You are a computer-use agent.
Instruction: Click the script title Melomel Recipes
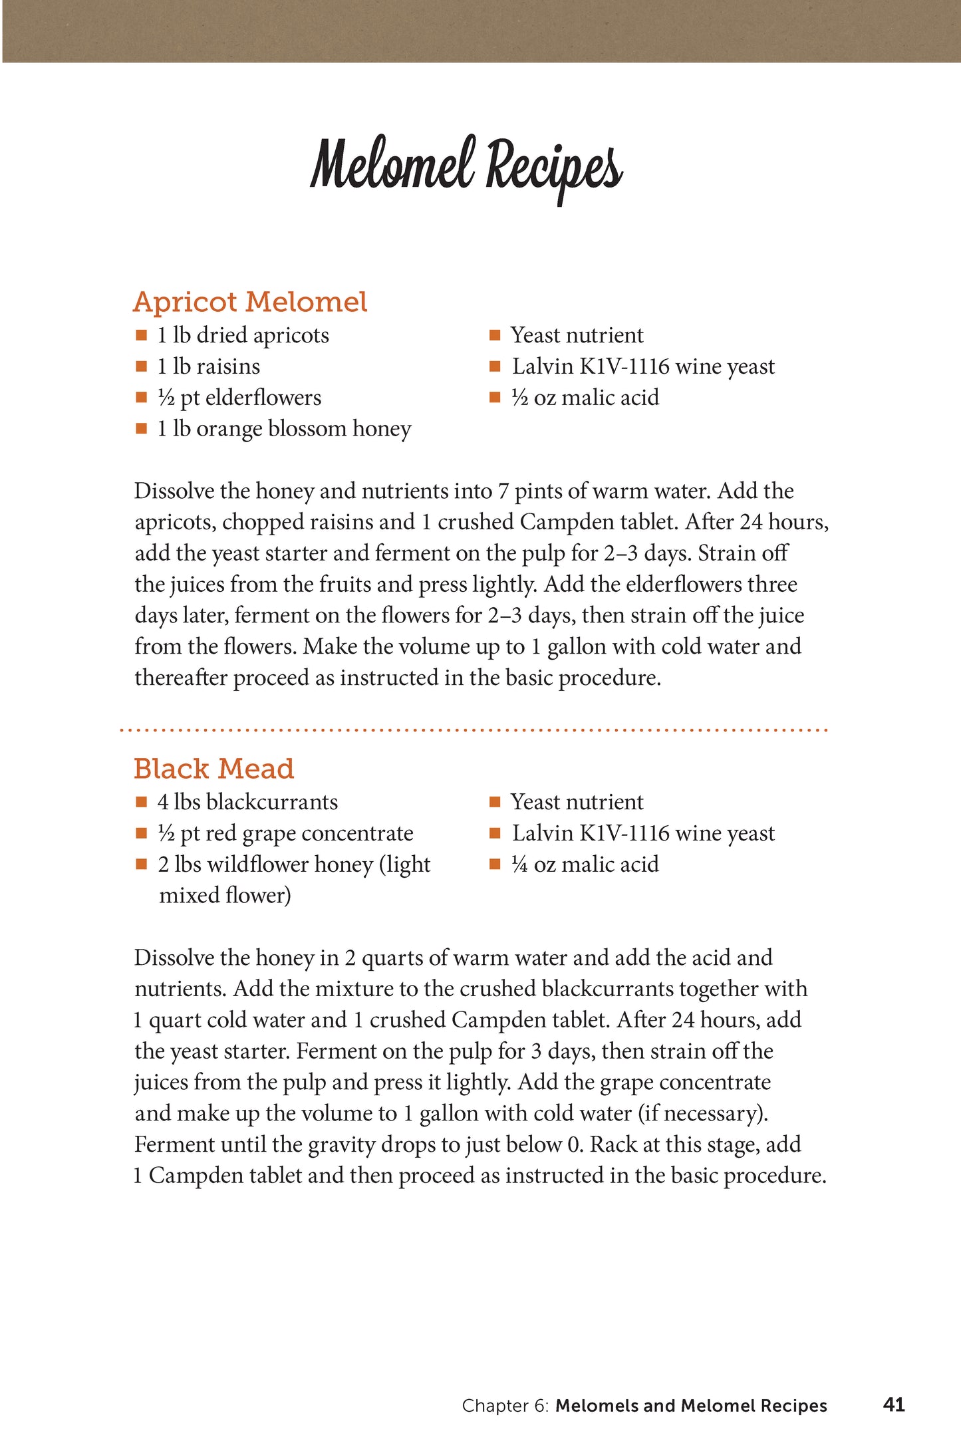pos(466,166)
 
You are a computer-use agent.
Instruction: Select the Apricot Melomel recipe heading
pos(250,302)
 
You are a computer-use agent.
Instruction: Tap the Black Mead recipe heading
pos(213,769)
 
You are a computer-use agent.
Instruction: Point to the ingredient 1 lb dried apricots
pos(243,335)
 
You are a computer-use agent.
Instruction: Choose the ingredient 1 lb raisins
pos(208,366)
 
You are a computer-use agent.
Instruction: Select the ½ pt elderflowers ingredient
pos(239,398)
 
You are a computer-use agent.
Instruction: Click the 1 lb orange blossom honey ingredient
pos(284,429)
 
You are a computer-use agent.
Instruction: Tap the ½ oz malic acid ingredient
pos(585,398)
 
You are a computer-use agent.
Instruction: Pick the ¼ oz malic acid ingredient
pos(585,864)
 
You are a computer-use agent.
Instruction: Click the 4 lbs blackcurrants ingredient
pos(247,802)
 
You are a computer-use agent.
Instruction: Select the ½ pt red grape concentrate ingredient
pos(285,833)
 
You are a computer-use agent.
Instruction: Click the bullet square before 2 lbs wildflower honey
pos(141,864)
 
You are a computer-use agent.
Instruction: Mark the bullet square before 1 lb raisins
pos(141,366)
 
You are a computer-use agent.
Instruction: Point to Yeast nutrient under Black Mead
pos(577,802)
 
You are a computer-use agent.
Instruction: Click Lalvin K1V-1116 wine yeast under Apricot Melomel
pos(643,366)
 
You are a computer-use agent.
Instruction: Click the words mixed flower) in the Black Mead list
pos(225,896)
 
